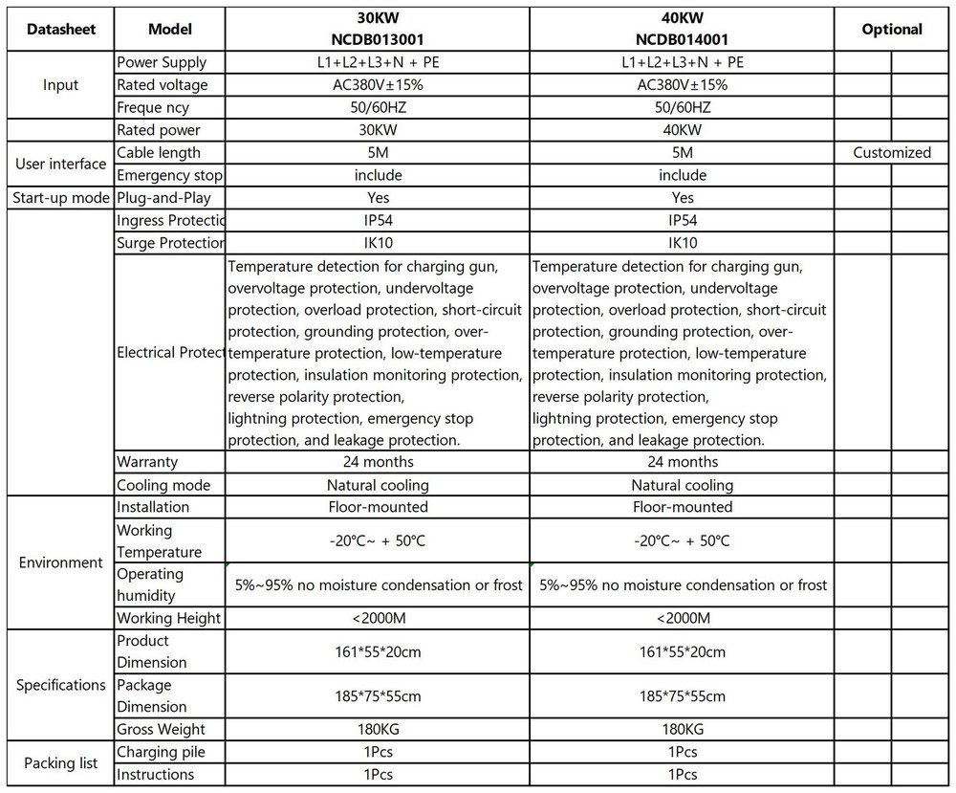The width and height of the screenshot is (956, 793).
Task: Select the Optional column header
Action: (892, 30)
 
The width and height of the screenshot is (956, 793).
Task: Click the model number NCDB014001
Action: (682, 40)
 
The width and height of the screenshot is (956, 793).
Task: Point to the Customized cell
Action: (892, 153)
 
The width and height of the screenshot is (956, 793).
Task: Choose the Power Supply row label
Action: (162, 63)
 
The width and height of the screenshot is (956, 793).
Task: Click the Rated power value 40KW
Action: (682, 130)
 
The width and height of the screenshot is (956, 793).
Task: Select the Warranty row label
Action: (147, 462)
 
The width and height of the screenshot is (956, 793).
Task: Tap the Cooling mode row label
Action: (163, 485)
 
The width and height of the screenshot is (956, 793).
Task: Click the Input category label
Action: (61, 85)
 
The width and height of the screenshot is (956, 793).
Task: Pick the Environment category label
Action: (61, 562)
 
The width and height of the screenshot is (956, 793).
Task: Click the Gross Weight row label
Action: (161, 729)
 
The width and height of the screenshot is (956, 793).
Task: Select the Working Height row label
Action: (168, 618)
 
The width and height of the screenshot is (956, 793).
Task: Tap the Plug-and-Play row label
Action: (163, 198)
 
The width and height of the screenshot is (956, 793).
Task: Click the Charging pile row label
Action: (161, 752)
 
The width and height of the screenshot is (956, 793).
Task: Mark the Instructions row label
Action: (155, 775)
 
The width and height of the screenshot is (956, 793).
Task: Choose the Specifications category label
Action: (61, 685)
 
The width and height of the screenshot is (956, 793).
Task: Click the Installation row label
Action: (153, 507)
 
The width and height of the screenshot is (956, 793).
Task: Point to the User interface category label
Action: (61, 164)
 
